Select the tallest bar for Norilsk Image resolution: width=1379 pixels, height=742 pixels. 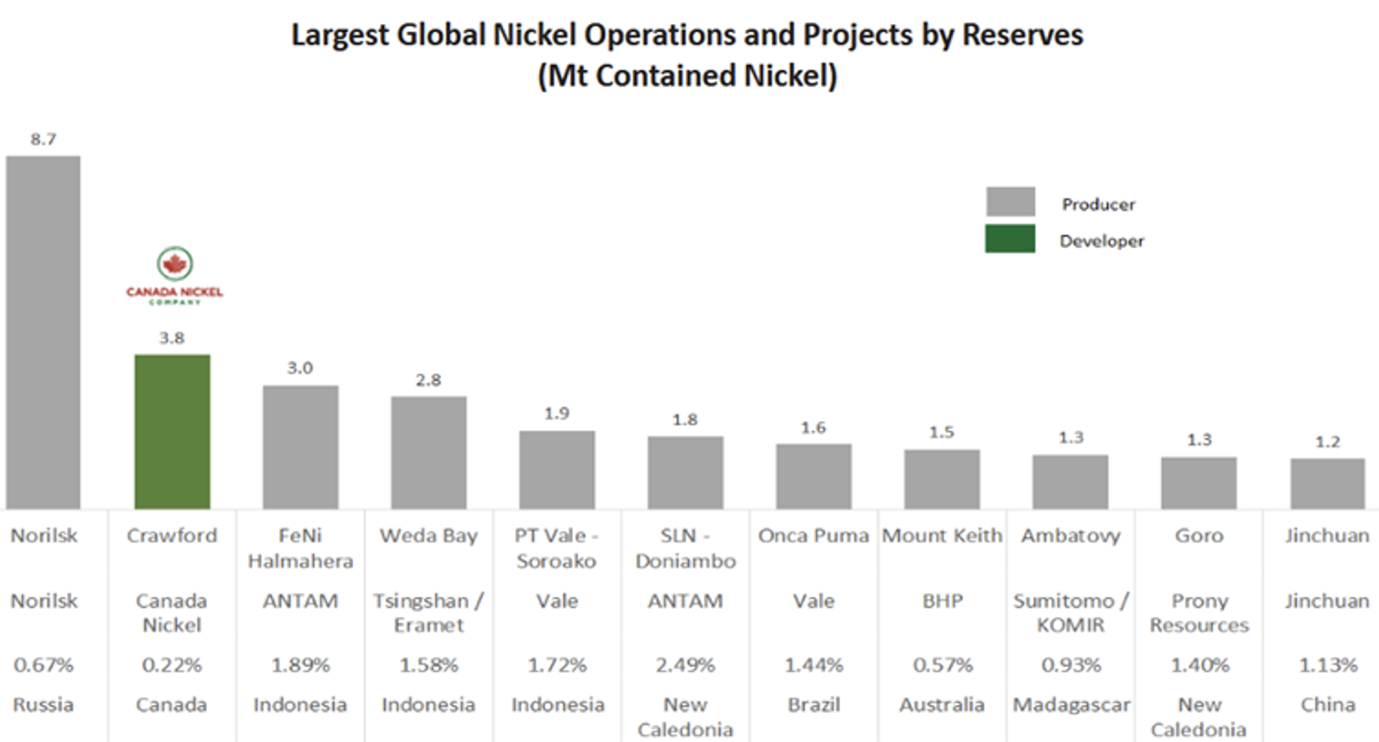point(43,332)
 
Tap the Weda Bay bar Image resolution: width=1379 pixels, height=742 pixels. point(428,452)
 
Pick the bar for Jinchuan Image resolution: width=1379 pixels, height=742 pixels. point(1327,483)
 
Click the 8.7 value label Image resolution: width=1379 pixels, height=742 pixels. point(43,139)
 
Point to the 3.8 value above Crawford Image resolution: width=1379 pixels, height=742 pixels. point(172,338)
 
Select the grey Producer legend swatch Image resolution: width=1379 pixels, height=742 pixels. point(1010,202)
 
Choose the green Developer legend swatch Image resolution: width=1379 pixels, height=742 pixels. point(1010,239)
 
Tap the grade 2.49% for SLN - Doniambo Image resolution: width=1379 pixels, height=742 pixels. point(685,665)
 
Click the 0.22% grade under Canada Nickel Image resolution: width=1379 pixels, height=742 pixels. point(172,665)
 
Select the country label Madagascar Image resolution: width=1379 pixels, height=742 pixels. point(1071,705)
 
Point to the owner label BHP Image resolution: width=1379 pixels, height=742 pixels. point(942,601)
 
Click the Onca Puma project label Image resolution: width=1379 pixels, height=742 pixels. point(813,536)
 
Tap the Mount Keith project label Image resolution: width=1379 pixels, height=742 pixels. point(942,536)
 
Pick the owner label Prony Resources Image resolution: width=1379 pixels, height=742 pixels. point(1199,613)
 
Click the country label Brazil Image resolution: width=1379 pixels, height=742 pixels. point(813,705)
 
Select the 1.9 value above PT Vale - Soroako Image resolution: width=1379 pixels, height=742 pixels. point(557,413)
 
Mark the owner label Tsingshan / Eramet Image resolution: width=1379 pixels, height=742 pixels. point(428,613)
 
